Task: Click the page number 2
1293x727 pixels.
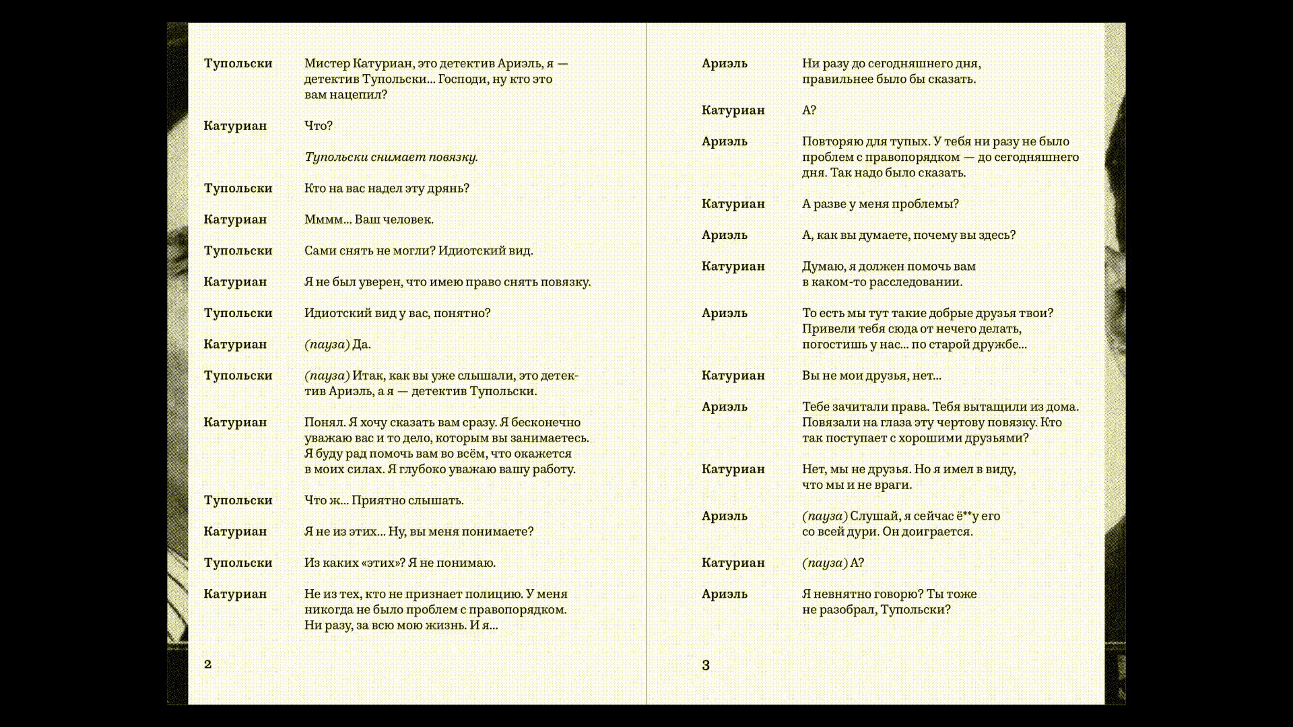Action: click(207, 664)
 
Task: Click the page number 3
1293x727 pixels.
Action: click(706, 666)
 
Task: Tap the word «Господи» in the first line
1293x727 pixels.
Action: click(462, 79)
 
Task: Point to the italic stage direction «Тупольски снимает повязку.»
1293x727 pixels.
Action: click(391, 158)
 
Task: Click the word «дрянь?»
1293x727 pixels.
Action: click(448, 188)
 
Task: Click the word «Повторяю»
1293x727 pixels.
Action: click(831, 142)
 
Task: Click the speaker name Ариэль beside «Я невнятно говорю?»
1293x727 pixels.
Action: click(725, 594)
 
